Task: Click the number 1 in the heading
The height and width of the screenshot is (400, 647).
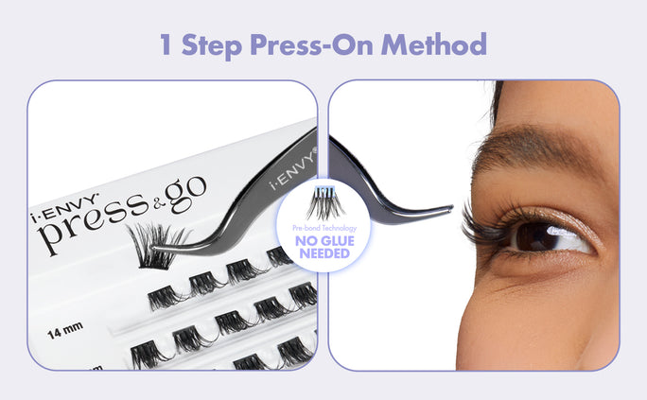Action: [x=166, y=44]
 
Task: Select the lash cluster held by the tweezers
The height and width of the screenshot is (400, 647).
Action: [x=152, y=244]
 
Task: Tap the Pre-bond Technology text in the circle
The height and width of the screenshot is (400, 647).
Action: [x=323, y=228]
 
